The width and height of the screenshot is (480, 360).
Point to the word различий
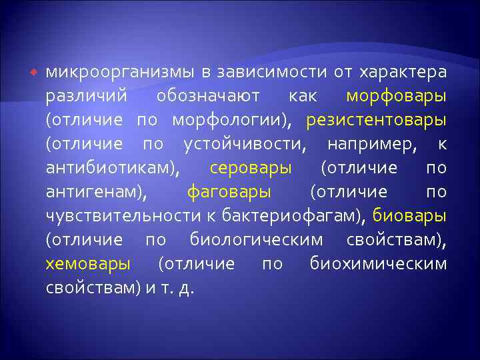click(x=86, y=96)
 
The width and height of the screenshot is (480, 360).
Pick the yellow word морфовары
click(x=397, y=96)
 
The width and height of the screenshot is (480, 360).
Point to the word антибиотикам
click(x=111, y=168)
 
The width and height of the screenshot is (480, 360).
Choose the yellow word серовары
click(x=250, y=168)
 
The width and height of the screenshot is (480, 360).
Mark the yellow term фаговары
click(x=229, y=192)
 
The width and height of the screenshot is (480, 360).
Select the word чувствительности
click(x=122, y=216)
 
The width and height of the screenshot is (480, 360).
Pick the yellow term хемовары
click(x=88, y=264)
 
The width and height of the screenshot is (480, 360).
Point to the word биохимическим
click(x=378, y=264)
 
